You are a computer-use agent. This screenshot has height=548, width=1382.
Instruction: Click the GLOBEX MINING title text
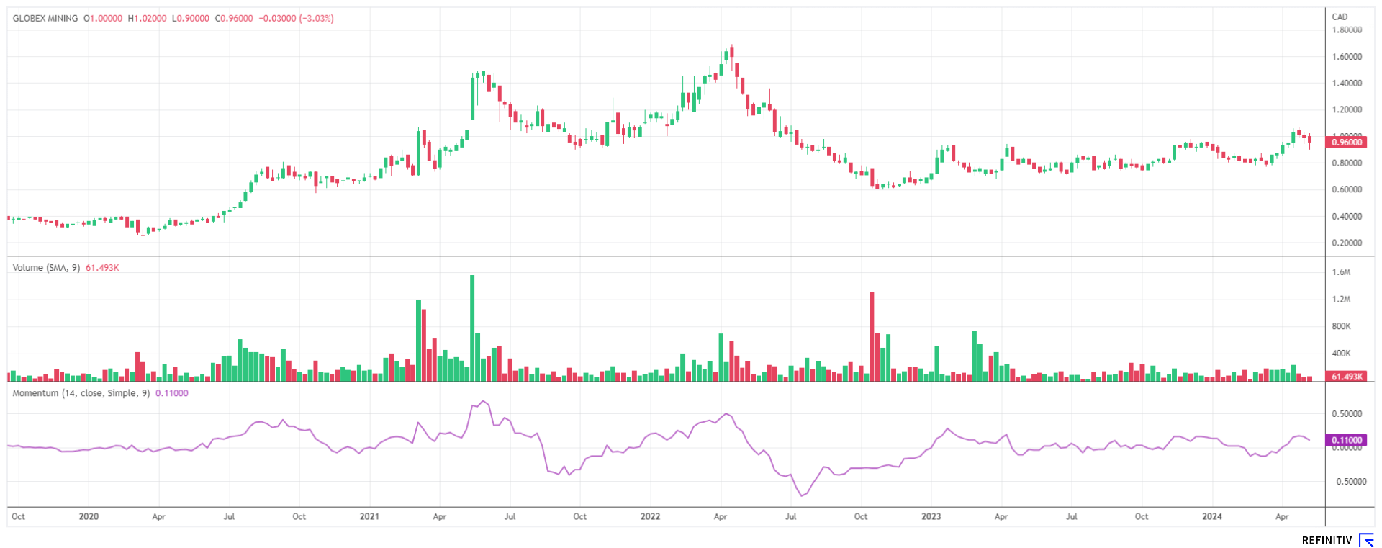45,18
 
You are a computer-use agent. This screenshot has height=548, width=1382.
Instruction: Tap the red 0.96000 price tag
1347,143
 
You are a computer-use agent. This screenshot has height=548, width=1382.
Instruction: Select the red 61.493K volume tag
1347,377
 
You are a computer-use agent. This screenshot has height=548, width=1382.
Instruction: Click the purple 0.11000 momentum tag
1347,440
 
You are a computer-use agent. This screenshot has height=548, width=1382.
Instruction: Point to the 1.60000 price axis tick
1347,57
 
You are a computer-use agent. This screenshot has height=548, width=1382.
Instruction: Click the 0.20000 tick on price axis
1347,243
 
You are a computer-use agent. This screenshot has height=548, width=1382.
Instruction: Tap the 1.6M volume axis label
1341,272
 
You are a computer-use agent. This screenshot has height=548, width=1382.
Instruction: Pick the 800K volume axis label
1341,326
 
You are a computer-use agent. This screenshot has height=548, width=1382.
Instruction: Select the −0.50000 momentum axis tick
1345,482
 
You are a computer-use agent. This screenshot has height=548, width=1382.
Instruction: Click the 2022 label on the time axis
650,516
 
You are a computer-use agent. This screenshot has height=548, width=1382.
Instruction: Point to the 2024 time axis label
1211,516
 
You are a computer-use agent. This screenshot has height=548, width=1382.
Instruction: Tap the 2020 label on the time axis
89,516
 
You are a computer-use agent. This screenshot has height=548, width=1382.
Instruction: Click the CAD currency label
1340,17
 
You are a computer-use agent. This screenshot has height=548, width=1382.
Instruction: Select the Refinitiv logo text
1327,540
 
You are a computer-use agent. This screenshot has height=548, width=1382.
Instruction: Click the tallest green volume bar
472,328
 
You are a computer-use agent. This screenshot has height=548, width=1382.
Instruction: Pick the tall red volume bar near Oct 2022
872,336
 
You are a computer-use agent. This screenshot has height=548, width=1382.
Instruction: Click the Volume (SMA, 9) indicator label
46,268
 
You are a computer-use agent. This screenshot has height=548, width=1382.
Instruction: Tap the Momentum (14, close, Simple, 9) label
81,393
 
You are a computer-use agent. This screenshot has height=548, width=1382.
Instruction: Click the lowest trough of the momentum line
802,495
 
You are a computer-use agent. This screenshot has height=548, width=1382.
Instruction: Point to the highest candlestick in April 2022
731,52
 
